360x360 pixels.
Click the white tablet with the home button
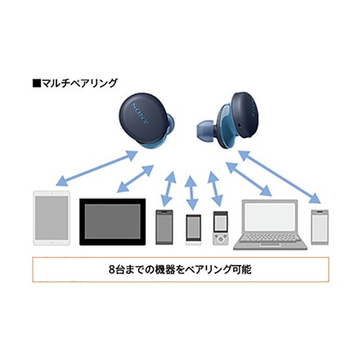pyautogui.click(x=52, y=218)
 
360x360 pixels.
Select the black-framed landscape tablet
pyautogui.click(x=112, y=222)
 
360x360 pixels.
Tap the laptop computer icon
pyautogui.click(x=270, y=225)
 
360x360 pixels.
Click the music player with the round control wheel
pyautogui.click(x=220, y=228)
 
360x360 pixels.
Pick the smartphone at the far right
pyautogui.click(x=320, y=227)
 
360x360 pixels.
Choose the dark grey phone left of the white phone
pyautogui.click(x=164, y=227)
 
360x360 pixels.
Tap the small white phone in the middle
pyautogui.click(x=193, y=230)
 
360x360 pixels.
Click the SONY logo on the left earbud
pyautogui.click(x=140, y=114)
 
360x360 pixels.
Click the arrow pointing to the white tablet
pyautogui.click(x=97, y=168)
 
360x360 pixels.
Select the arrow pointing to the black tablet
pyautogui.click(x=135, y=178)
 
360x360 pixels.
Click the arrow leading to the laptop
pyautogui.click(x=249, y=179)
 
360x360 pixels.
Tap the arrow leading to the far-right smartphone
pyautogui.click(x=280, y=177)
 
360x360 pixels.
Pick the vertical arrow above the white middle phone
pyautogui.click(x=191, y=193)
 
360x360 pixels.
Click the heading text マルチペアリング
pyautogui.click(x=79, y=83)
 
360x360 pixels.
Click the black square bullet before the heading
pyautogui.click(x=36, y=83)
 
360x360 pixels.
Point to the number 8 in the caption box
pyautogui.click(x=111, y=270)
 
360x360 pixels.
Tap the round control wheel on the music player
pyautogui.click(x=220, y=239)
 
